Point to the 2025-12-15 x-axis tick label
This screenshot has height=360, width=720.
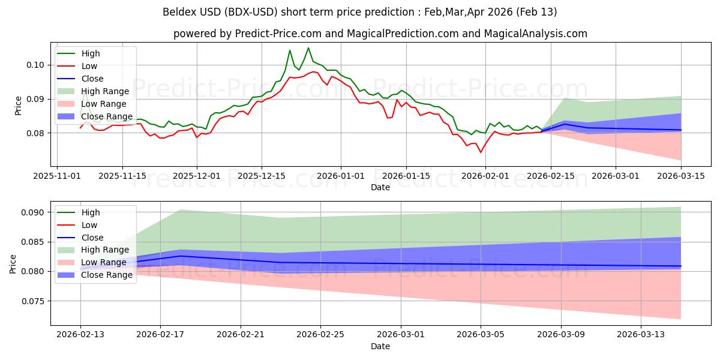262,176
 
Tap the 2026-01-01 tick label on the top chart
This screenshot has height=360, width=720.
341,176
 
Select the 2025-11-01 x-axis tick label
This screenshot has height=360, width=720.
57,176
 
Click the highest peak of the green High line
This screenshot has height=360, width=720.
308,48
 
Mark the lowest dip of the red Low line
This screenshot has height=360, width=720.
481,152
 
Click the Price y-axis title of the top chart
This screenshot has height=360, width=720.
18,105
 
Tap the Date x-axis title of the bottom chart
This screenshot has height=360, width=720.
380,347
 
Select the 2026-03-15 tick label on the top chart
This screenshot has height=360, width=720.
681,176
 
